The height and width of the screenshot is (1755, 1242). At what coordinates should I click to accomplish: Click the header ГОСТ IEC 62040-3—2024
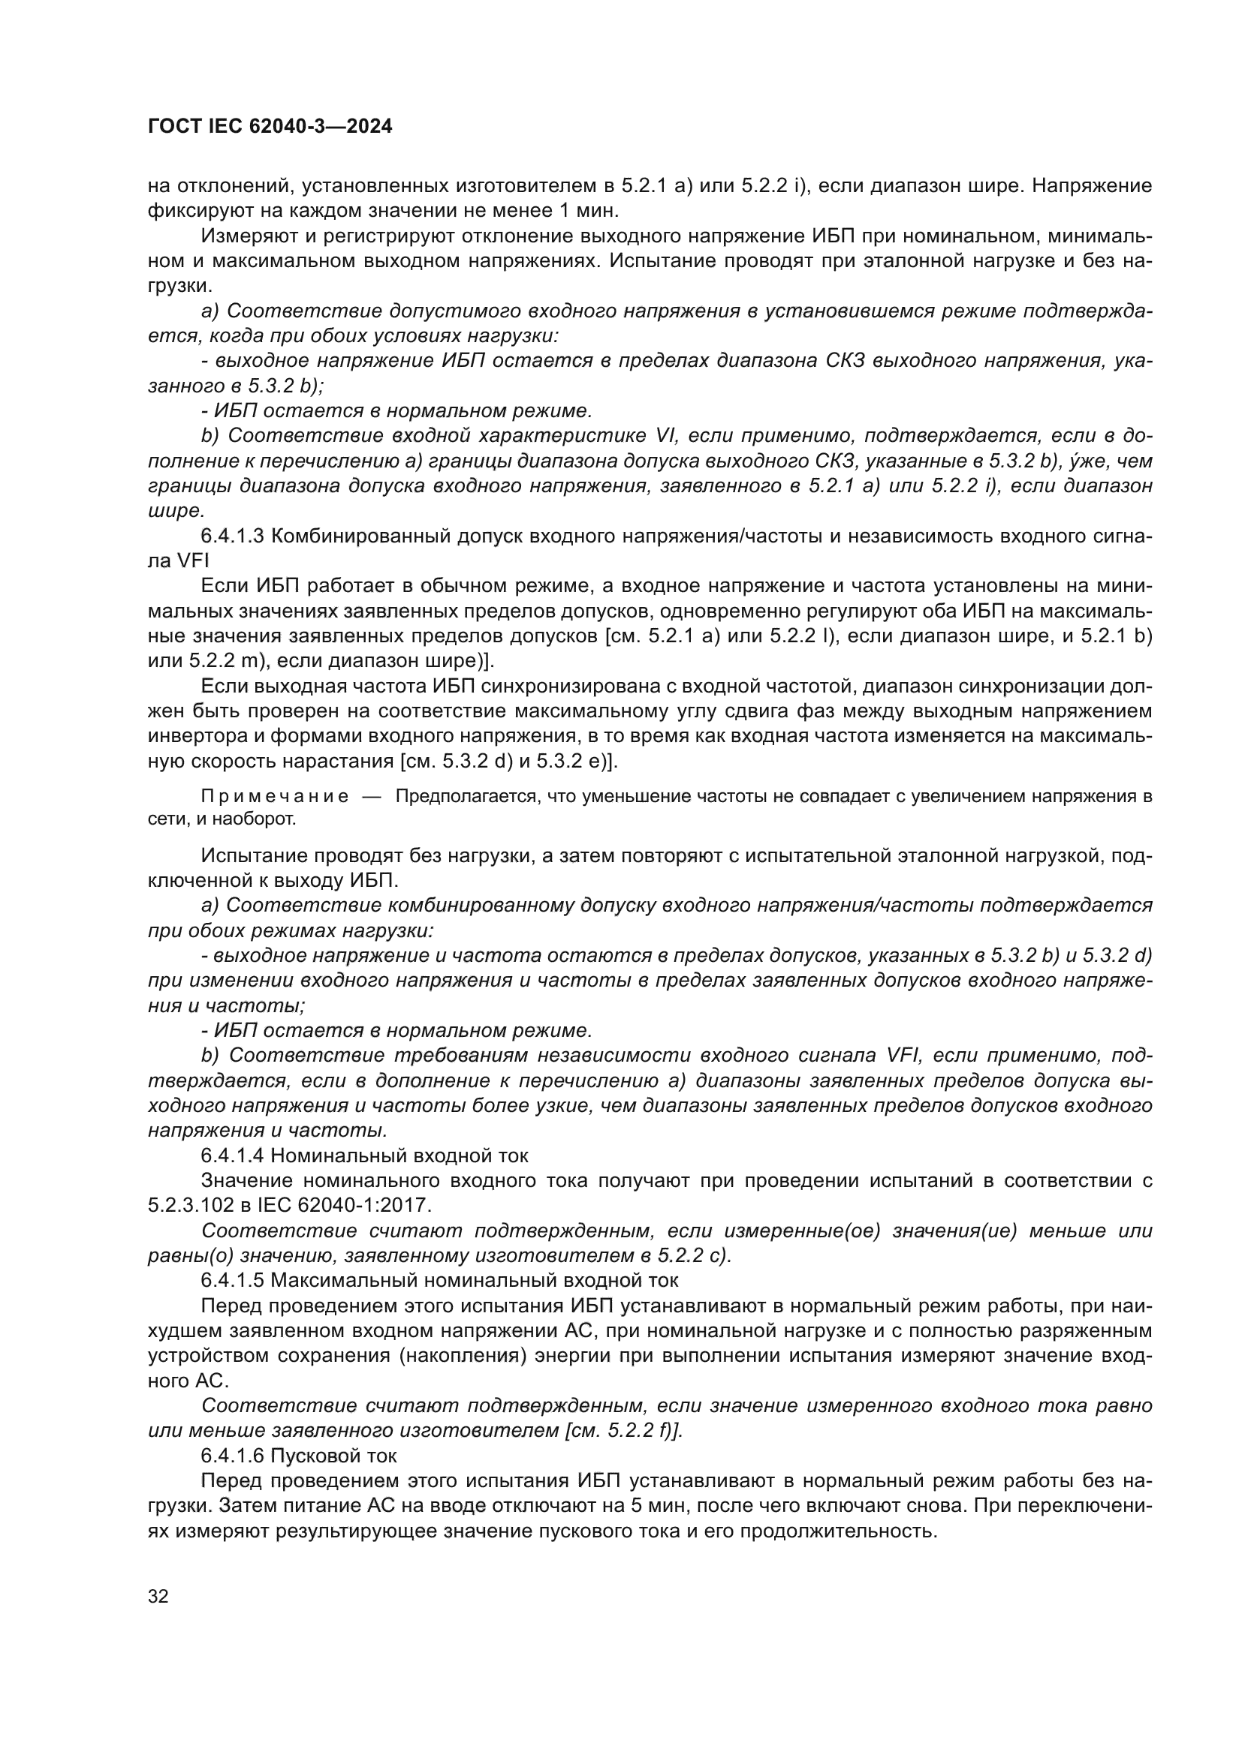270,127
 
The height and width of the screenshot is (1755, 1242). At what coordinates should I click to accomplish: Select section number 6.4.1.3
233,536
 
